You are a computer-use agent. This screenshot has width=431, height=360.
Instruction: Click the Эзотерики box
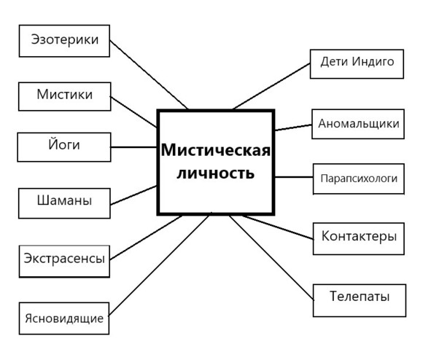tap(64, 41)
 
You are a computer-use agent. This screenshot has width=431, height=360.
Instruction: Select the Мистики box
tap(65, 96)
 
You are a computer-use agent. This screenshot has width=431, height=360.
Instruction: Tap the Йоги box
tap(64, 147)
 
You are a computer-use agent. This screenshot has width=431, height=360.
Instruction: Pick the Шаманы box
tap(64, 203)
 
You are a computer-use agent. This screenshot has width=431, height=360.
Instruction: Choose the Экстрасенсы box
tap(64, 261)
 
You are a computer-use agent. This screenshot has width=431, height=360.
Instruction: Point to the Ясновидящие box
tap(64, 318)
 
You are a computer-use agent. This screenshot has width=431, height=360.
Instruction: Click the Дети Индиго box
tap(357, 64)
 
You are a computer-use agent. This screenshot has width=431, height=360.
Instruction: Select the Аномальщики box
tap(358, 124)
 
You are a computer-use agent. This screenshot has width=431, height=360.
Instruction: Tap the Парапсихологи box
tap(359, 179)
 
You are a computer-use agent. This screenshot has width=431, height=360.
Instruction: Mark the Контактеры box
tap(359, 238)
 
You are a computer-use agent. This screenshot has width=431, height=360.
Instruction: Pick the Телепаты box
tap(360, 300)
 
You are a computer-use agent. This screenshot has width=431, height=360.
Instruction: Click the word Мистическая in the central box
tap(216, 150)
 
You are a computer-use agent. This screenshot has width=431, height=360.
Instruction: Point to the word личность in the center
tap(216, 173)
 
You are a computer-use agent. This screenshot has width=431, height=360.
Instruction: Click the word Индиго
tap(373, 61)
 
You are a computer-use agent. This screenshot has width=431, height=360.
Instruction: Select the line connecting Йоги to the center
tap(133, 147)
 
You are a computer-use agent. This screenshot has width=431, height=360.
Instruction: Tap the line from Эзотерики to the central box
tap(149, 74)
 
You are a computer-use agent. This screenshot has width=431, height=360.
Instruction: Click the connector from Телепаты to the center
tap(271, 257)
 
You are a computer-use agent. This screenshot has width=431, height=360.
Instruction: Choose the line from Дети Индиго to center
tap(271, 86)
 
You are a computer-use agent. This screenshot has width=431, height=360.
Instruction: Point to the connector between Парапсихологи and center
tap(294, 177)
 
